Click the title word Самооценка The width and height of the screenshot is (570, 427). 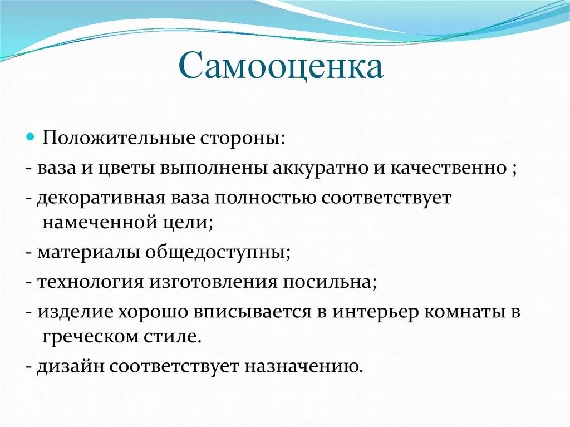(281, 67)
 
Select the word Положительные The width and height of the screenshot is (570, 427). (118, 138)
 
